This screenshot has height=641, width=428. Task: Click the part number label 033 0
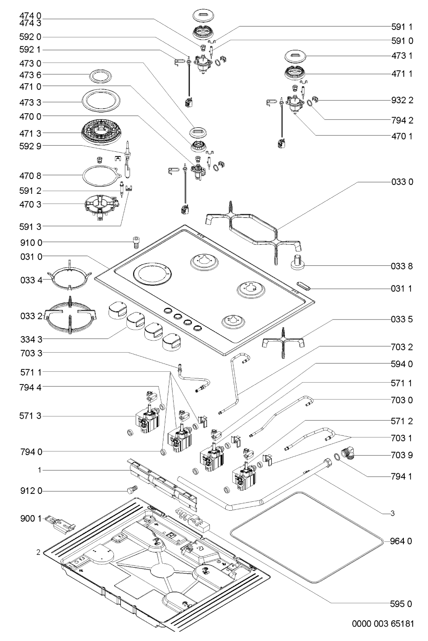402,182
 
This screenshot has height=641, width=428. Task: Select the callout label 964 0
402,541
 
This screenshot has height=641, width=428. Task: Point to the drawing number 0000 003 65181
383,624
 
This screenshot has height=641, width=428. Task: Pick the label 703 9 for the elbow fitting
402,455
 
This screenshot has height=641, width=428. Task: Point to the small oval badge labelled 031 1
304,286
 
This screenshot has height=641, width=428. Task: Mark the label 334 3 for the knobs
31,339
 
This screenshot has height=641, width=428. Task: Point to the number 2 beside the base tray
38,552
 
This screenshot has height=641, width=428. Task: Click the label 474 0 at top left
31,16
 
